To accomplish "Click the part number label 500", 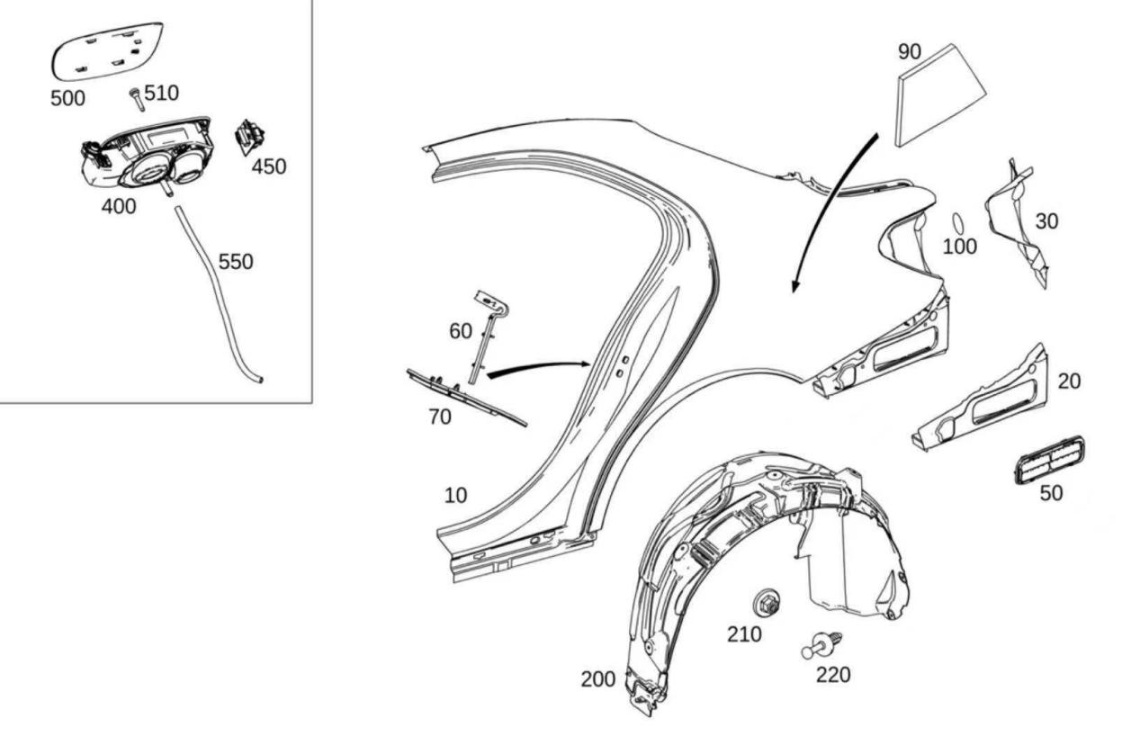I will [67, 98].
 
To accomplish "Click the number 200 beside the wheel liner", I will [598, 679].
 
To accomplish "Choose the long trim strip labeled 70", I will [464, 396].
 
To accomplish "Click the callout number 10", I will [455, 495].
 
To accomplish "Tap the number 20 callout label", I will [1069, 381].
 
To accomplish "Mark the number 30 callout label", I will [1046, 220].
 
